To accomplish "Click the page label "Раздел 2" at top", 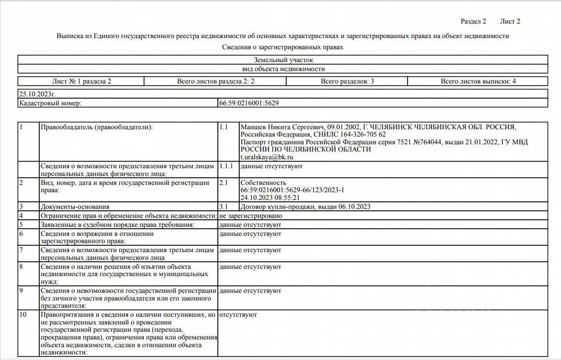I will click(473, 21).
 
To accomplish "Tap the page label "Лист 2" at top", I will click(510, 21).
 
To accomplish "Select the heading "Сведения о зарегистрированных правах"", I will click(283, 47).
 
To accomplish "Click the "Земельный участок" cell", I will click(283, 60).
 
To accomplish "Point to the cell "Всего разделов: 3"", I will click(347, 81).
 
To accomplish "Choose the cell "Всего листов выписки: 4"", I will click(478, 81).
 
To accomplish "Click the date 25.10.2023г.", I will click(37, 94).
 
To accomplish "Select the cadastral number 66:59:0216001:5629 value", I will click(249, 103).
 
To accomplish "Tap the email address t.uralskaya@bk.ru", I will click(267, 156).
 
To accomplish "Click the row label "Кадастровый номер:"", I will click(50, 103).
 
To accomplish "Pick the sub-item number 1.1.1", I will click(227, 166).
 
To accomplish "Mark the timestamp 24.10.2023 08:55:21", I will click(270, 198).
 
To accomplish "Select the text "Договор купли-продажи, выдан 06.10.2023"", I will click(305, 207).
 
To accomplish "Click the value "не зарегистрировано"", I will click(250, 215).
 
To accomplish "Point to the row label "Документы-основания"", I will click(75, 207).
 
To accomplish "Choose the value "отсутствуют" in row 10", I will click(238, 314).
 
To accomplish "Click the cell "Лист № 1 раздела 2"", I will click(82, 81).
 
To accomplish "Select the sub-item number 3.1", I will click(224, 207).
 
